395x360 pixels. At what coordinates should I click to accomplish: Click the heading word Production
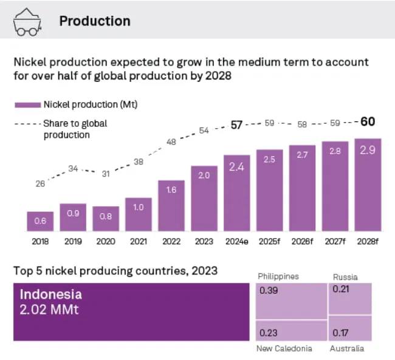(x=94, y=21)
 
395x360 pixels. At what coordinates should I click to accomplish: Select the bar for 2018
(x=40, y=222)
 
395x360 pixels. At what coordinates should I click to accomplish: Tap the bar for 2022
(x=171, y=206)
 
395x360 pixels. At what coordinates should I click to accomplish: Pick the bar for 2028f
(x=368, y=185)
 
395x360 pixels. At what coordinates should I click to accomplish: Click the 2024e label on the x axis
(x=236, y=242)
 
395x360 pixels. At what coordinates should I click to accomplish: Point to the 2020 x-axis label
(x=106, y=242)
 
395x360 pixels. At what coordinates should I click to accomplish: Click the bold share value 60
(x=368, y=121)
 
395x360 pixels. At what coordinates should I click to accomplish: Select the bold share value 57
(x=236, y=125)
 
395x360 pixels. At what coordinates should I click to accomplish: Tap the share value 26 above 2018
(x=40, y=183)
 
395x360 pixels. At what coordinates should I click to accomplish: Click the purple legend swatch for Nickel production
(x=27, y=104)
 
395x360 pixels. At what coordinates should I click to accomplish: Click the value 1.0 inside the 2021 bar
(x=138, y=207)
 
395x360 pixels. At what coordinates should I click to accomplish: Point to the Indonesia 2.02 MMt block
(x=131, y=311)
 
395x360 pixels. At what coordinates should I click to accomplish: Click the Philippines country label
(x=278, y=276)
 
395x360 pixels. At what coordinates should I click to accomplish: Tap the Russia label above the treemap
(x=345, y=277)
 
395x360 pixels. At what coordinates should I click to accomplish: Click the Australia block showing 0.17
(x=350, y=328)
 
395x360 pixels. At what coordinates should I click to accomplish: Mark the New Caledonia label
(x=284, y=348)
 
